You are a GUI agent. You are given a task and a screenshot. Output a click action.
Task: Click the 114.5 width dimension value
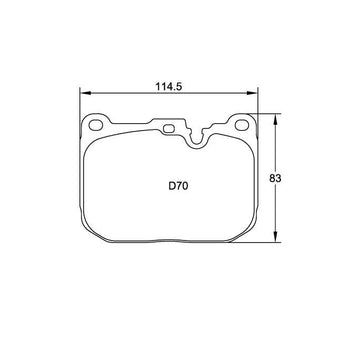[x=169, y=87]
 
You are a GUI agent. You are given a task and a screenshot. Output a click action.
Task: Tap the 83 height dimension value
[x=275, y=178]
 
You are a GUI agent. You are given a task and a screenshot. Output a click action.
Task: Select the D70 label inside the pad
[x=178, y=186]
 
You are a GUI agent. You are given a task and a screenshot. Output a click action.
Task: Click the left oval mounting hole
[x=96, y=125]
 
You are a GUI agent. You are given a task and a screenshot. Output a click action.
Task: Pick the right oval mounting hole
[x=242, y=125]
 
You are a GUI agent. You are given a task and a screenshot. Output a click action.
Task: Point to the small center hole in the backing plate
[x=169, y=128]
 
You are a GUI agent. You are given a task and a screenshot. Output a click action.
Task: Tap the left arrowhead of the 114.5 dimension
[x=86, y=93]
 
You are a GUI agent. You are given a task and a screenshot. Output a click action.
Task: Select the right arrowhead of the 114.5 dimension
[x=252, y=93]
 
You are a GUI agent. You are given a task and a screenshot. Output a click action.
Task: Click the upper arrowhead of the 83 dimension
[x=275, y=119]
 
